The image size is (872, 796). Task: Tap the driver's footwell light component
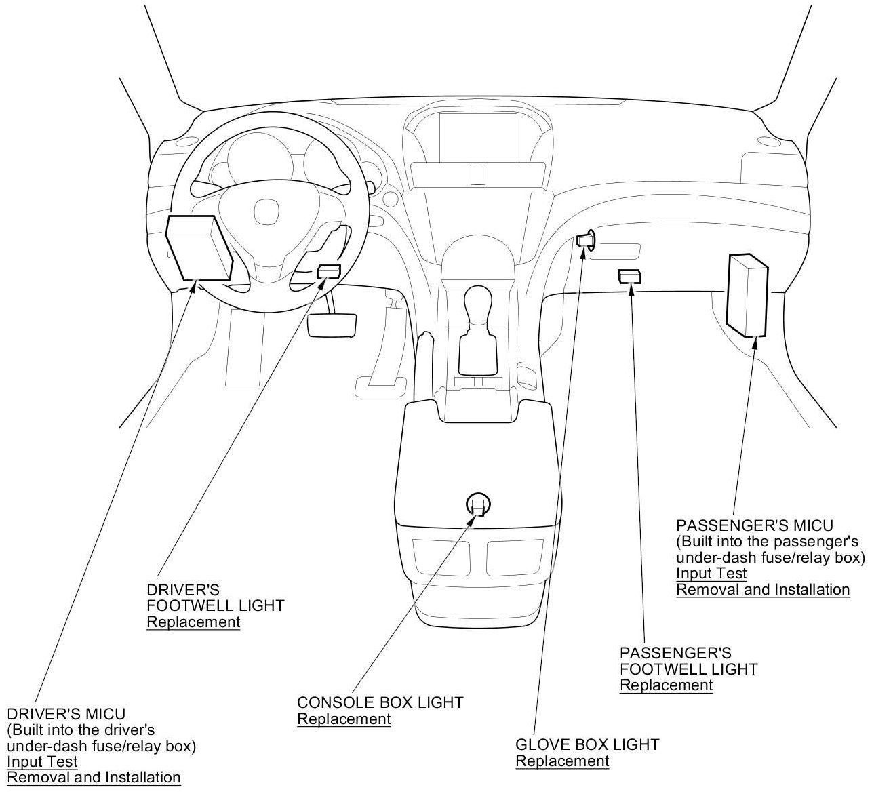click(329, 272)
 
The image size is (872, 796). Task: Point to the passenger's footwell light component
click(629, 276)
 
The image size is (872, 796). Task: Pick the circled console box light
click(478, 504)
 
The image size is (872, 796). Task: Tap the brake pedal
click(333, 324)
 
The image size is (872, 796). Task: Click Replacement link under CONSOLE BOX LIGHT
click(344, 719)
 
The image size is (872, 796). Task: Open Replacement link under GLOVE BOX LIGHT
click(562, 761)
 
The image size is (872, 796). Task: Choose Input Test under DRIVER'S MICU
click(42, 761)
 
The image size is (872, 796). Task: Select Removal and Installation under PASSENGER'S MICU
click(763, 590)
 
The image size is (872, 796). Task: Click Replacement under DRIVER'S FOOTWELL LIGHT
click(193, 622)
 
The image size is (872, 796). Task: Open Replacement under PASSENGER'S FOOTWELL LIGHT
click(666, 685)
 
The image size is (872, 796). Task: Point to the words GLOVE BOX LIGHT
click(587, 744)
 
